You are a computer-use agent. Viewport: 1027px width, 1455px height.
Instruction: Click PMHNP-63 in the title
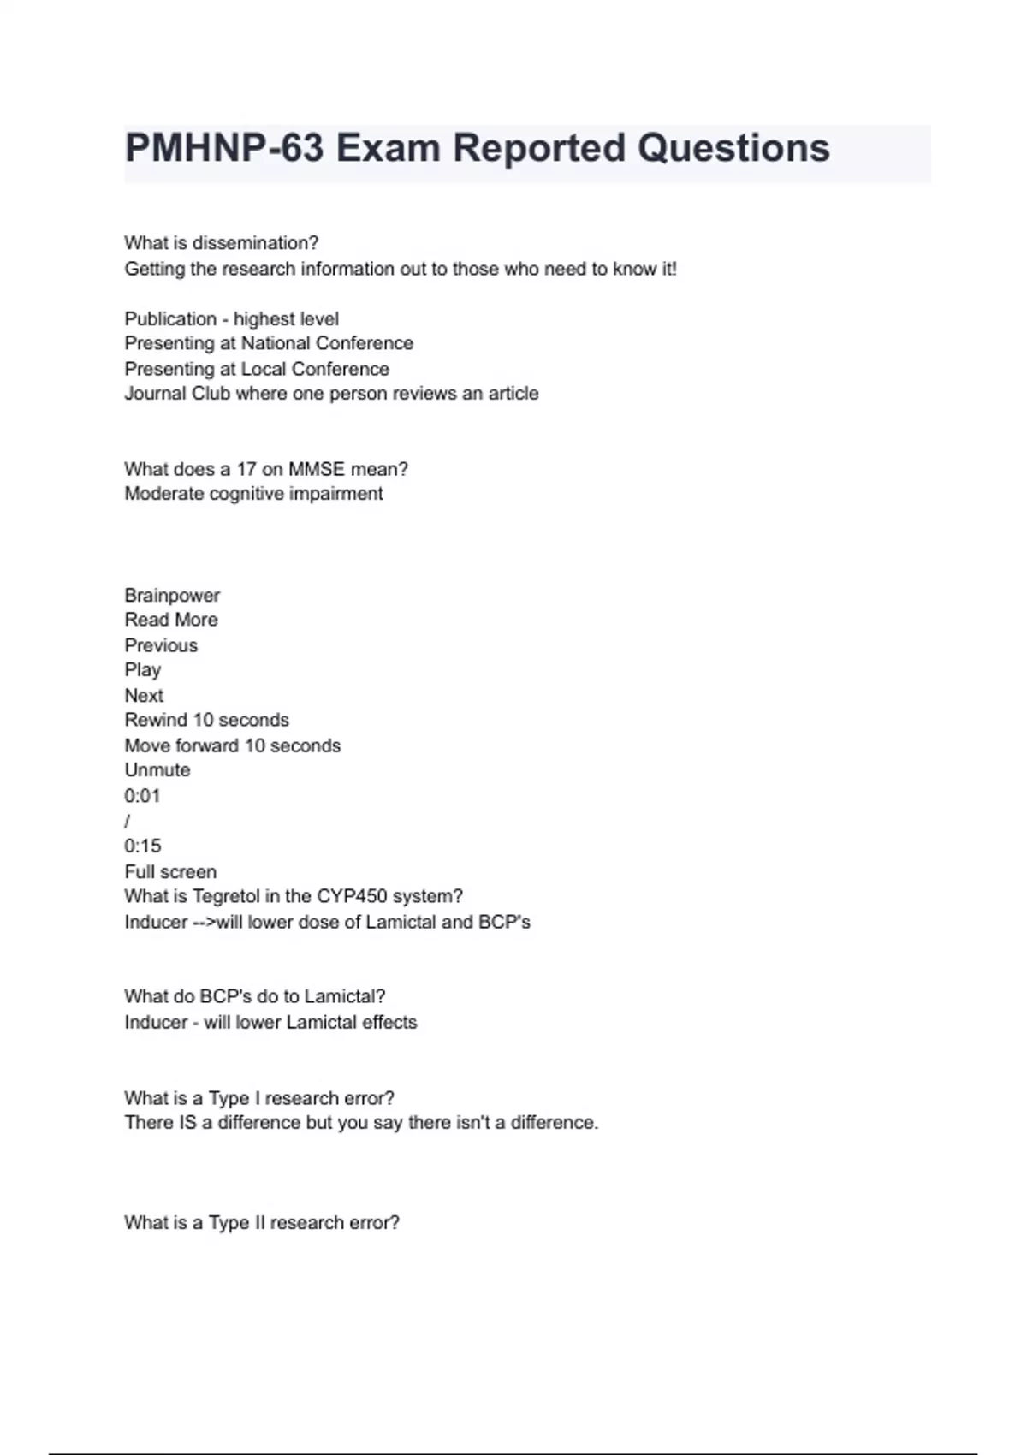(224, 148)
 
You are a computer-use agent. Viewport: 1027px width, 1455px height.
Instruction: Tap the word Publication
(170, 319)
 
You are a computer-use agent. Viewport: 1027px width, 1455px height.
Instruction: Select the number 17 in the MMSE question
(246, 469)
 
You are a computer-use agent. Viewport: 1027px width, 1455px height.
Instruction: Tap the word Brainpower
(172, 595)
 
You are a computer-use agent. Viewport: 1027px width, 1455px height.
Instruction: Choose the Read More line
(171, 620)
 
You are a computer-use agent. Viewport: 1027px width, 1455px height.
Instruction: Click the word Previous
(161, 645)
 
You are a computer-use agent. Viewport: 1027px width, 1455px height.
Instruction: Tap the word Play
(142, 670)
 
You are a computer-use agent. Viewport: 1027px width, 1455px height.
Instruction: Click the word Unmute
(157, 770)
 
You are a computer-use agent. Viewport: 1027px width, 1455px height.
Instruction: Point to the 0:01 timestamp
(142, 796)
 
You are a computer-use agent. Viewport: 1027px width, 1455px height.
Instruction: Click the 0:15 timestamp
(142, 846)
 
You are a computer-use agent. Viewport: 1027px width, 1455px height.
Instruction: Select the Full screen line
(170, 872)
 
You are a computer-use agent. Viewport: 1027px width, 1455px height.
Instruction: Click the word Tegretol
(227, 896)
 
